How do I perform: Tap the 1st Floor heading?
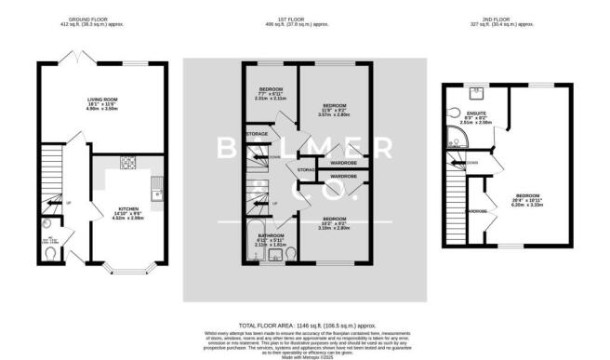click(304, 16)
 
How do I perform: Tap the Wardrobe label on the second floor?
click(476, 211)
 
